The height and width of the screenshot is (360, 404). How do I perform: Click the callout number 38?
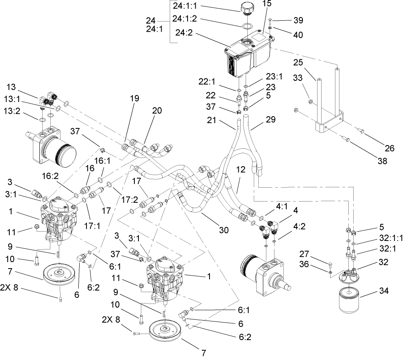click(x=381, y=160)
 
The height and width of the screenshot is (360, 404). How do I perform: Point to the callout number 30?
click(x=223, y=230)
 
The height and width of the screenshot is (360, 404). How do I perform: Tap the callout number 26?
click(x=389, y=148)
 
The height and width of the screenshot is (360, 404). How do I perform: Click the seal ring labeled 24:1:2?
click(x=246, y=26)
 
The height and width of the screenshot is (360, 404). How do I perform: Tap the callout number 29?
click(x=270, y=119)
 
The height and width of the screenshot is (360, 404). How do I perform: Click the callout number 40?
click(x=298, y=35)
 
